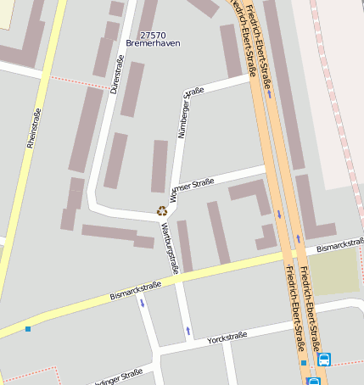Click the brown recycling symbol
[161, 210]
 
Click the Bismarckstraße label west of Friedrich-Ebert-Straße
[136, 291]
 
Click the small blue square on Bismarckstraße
[28, 329]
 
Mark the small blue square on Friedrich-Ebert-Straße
[303, 363]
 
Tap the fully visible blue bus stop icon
[324, 360]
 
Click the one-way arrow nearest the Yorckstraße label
[188, 330]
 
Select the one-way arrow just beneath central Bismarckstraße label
[142, 302]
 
